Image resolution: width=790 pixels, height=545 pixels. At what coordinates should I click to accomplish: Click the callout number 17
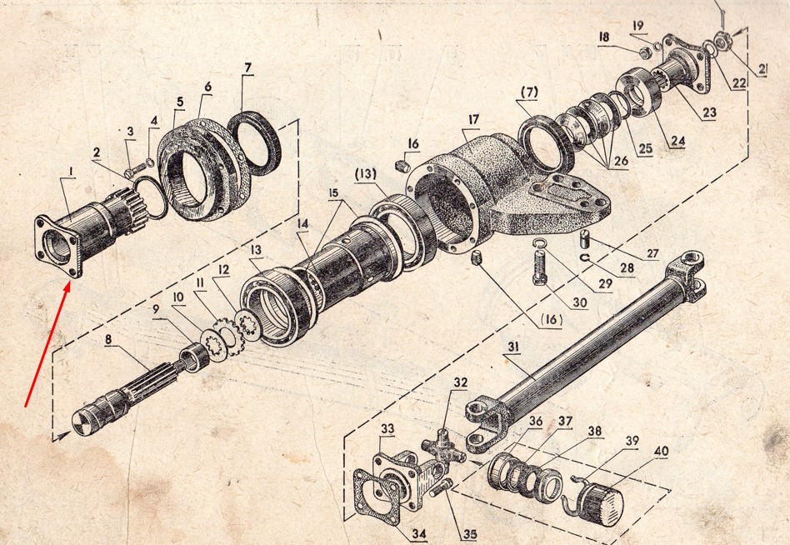click(473, 120)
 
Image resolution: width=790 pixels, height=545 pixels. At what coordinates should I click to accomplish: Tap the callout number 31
click(513, 347)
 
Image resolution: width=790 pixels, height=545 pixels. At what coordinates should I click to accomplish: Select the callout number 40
click(662, 451)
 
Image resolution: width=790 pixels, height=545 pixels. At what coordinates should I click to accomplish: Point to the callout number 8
click(108, 339)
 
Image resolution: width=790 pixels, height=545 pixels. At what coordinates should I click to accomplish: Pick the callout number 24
click(677, 140)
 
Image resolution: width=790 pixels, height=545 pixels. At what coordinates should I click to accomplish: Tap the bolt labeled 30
click(540, 267)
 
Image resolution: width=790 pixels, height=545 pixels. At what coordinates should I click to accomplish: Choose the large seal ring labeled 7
click(254, 143)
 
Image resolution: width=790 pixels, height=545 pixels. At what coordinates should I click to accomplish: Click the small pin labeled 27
click(584, 239)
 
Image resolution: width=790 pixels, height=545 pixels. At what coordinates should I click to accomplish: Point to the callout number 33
click(387, 429)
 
